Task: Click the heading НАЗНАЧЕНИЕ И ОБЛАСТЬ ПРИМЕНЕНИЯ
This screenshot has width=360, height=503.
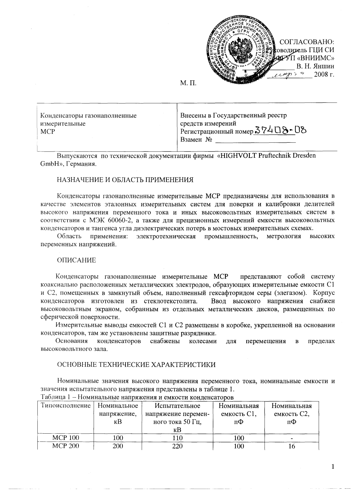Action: (125, 180)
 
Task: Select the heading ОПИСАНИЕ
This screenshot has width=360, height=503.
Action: (76, 260)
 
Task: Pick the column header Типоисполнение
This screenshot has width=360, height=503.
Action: (66, 406)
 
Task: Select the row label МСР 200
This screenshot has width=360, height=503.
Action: (66, 446)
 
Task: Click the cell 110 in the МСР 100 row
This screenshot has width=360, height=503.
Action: (177, 438)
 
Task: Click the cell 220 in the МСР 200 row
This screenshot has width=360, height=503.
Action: (177, 446)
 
